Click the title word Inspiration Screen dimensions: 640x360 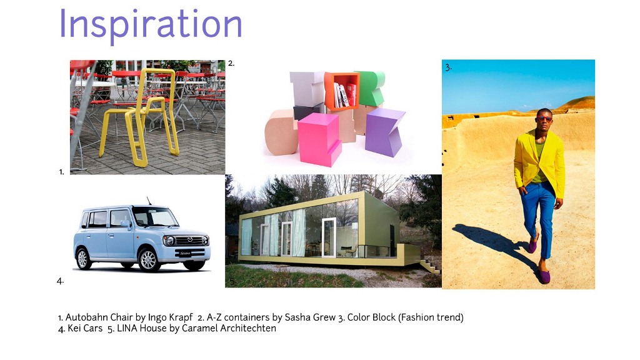151,24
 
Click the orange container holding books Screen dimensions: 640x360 341,91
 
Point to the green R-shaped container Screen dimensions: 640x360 370,87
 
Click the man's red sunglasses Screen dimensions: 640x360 544,119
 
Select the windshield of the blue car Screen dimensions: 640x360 155,216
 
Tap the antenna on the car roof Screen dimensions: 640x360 149,201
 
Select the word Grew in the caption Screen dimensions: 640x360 324,317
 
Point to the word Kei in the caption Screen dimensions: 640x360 74,328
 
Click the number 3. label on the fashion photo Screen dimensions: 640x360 448,67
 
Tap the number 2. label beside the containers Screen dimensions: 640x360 231,63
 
